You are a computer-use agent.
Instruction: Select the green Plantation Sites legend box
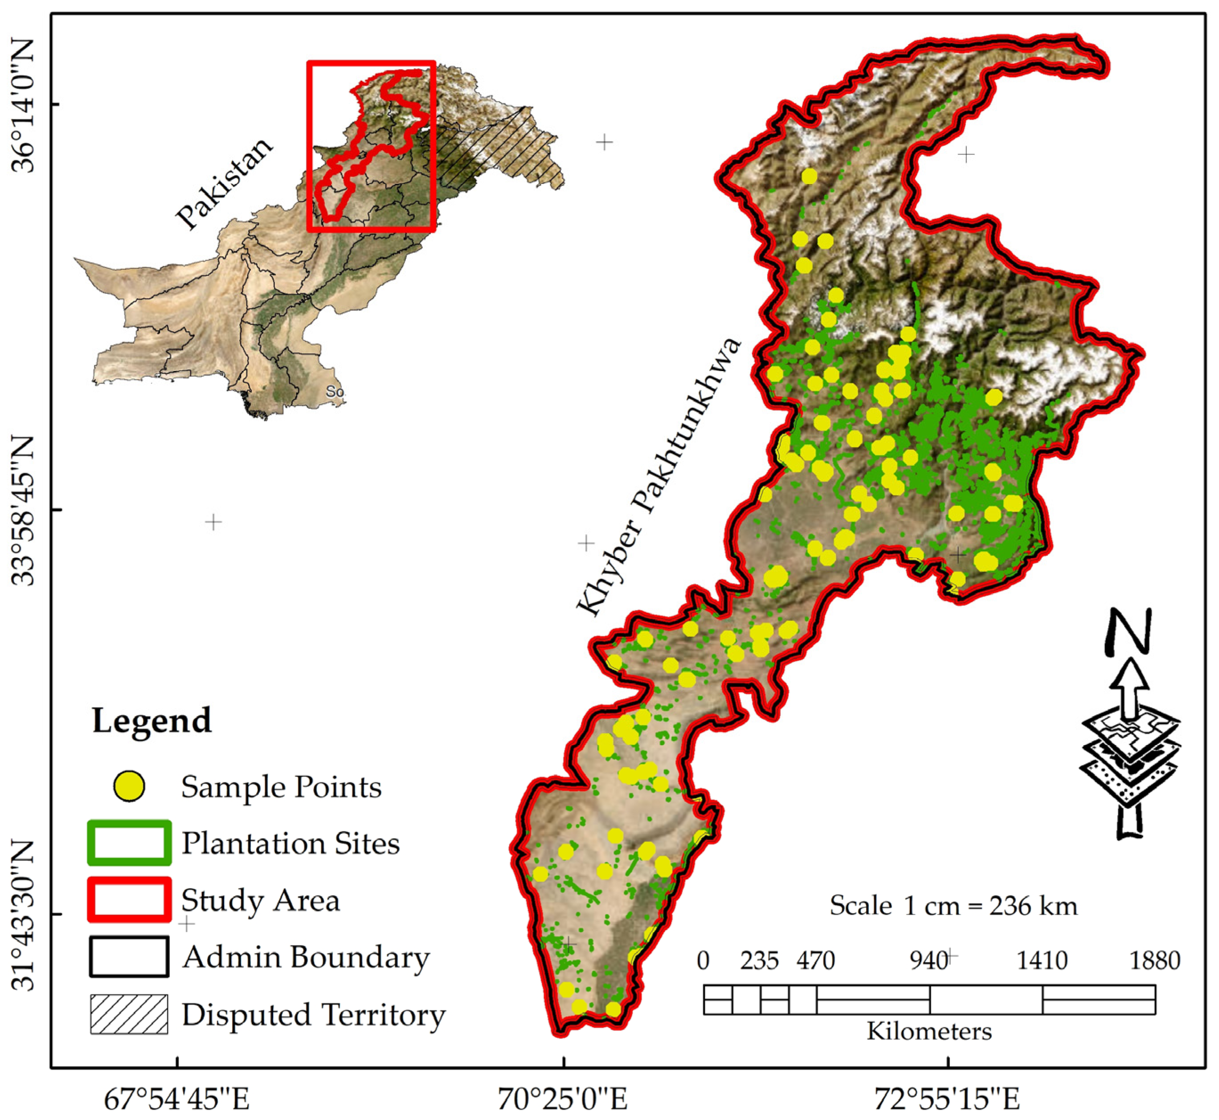[129, 843]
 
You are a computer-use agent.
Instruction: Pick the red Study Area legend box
[129, 899]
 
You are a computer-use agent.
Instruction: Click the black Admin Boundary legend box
[129, 957]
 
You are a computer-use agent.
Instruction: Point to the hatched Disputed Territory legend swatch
[129, 1014]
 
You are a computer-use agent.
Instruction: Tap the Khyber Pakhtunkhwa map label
[659, 476]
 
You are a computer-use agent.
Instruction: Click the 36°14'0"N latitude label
[24, 104]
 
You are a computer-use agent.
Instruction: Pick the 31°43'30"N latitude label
[24, 915]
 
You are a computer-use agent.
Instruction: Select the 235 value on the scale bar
[759, 961]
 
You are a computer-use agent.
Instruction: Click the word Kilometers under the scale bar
[929, 1031]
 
